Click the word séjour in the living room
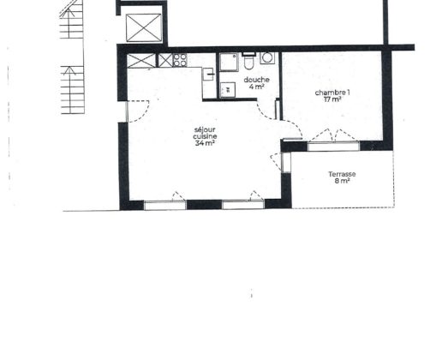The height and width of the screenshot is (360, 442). (205, 130)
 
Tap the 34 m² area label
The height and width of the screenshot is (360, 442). (205, 143)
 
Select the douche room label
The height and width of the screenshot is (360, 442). (256, 80)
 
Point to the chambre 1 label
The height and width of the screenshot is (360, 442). (332, 93)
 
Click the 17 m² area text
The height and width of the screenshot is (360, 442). (332, 99)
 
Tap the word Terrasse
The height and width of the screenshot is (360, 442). (342, 174)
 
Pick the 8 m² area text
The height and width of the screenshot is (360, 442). (342, 181)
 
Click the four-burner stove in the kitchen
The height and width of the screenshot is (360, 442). (180, 60)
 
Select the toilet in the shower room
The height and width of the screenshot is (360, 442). (248, 61)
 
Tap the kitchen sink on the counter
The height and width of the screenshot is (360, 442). (208, 75)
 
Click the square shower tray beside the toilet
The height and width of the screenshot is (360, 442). (229, 62)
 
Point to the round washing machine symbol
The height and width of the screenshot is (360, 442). (267, 57)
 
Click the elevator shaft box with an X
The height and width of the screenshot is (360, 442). (144, 27)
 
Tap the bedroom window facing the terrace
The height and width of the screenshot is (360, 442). (333, 146)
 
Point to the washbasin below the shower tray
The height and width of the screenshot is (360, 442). (228, 90)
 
